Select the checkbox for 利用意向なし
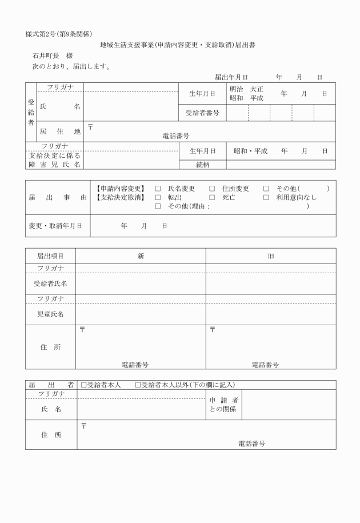click(266, 198)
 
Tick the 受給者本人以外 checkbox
click(138, 385)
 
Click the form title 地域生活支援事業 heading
click(177, 45)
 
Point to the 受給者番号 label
click(202, 113)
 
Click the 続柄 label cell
click(202, 165)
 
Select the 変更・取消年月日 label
click(55, 226)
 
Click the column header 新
click(141, 256)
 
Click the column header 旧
click(271, 256)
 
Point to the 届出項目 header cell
click(50, 256)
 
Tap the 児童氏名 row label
click(50, 314)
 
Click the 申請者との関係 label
click(224, 405)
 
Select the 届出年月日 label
click(231, 77)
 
